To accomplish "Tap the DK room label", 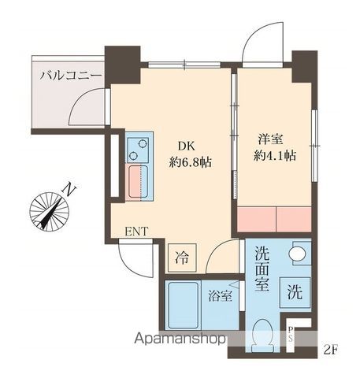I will click(x=185, y=146).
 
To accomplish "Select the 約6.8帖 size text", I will click(x=190, y=163).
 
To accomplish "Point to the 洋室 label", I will click(x=269, y=139).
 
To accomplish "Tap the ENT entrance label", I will click(x=136, y=232).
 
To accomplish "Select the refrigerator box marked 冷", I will click(x=182, y=256).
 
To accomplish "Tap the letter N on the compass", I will click(x=71, y=190).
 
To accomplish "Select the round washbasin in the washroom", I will click(x=298, y=254).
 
